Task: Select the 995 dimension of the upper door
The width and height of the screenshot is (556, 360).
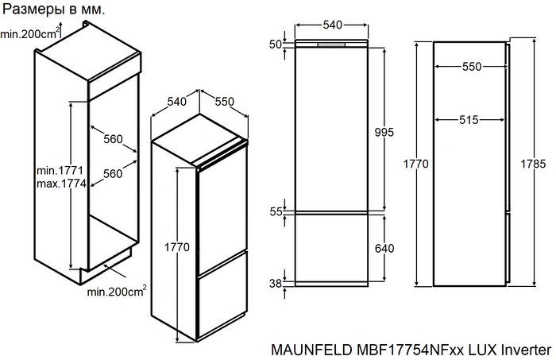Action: tap(384, 132)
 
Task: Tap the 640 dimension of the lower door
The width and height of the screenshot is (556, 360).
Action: tap(384, 249)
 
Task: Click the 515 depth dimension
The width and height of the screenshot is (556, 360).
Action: tap(469, 120)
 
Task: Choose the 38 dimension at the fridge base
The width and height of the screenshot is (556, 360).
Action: tap(276, 284)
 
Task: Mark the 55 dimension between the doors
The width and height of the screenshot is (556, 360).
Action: tap(276, 211)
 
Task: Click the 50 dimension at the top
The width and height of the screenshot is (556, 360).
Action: tap(276, 45)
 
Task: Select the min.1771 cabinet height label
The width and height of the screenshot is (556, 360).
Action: tap(60, 171)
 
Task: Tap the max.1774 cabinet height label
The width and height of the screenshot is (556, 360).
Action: tap(61, 184)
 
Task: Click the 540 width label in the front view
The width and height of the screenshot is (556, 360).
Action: tap(332, 25)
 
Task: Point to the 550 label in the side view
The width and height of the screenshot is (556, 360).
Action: tap(472, 68)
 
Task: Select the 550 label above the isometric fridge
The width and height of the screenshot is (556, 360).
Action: tap(225, 102)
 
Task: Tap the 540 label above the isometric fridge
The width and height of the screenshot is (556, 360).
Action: tap(176, 102)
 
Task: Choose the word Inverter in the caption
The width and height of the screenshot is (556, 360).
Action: tap(525, 349)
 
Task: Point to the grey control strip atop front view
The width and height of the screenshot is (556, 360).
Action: tap(332, 45)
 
